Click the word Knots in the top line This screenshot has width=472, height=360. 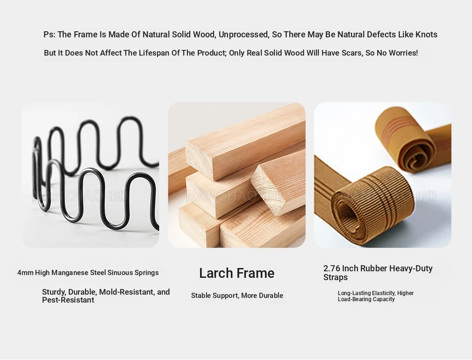pos(426,35)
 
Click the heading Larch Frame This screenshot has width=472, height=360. pos(237,273)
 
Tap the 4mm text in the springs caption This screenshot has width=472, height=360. pos(25,273)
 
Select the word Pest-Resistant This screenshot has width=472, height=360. pos(68,300)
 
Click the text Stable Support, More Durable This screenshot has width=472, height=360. pos(237,296)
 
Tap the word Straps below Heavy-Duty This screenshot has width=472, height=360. pos(336,277)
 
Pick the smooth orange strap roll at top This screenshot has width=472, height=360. pos(405,138)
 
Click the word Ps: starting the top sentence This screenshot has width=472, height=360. pos(50,35)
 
